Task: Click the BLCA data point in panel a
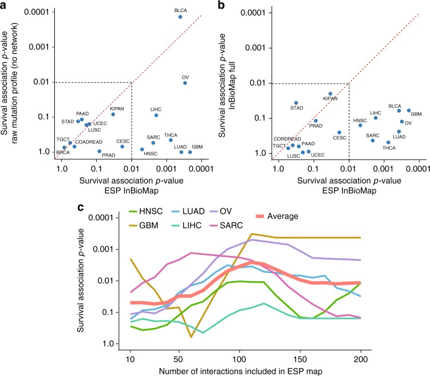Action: click(x=180, y=17)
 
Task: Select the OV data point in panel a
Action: click(x=185, y=83)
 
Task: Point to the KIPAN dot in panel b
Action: click(x=330, y=94)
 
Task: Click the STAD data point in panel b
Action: click(x=296, y=103)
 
